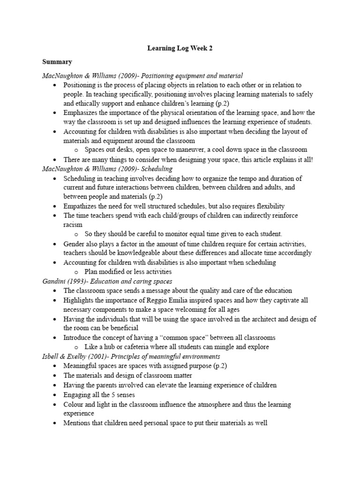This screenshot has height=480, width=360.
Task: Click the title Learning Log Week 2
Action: coord(180,48)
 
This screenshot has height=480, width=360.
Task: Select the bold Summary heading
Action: coord(57,61)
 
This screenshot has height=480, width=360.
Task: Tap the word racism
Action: coord(73,225)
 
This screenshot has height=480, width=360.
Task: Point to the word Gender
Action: coord(74,244)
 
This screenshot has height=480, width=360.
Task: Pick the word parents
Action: coord(105,385)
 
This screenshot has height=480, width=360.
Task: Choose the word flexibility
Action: coord(267,206)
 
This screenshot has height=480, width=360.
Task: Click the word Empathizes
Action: coord(82,206)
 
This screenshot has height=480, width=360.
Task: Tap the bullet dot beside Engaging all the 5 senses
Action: coord(55,395)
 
